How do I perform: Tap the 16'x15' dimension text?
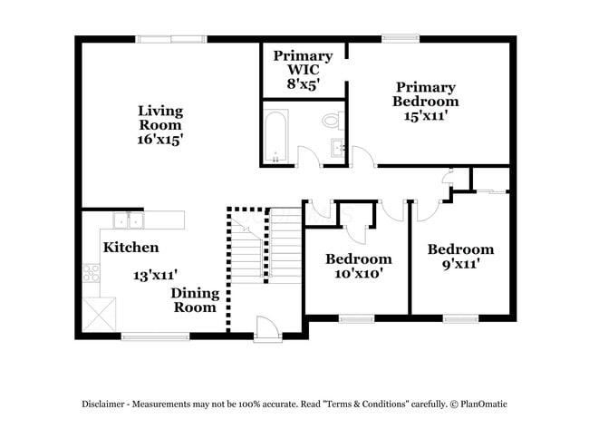[160, 140]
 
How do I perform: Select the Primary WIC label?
[303, 63]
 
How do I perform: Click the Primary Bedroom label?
[424, 94]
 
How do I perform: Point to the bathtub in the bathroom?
[276, 136]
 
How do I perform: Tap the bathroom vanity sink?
[338, 148]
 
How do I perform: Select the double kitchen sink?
[128, 219]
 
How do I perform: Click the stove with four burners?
[92, 274]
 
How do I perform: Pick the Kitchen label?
[130, 247]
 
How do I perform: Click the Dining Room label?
[195, 300]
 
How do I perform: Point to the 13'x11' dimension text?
[155, 274]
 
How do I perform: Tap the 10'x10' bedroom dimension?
[358, 274]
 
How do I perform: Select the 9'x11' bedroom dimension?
[460, 264]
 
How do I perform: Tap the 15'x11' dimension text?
[424, 116]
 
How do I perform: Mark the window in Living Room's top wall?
[170, 38]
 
